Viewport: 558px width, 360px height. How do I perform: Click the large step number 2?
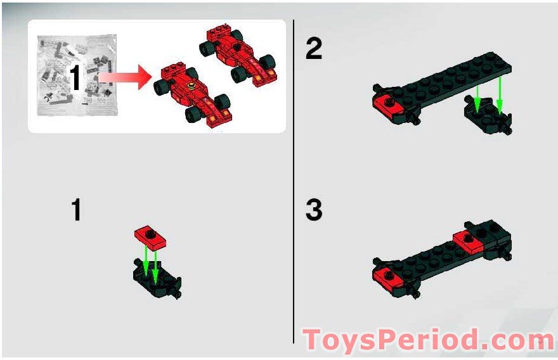(x=313, y=49)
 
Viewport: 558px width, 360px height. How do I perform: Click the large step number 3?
(x=313, y=210)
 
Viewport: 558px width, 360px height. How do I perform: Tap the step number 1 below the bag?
(x=76, y=210)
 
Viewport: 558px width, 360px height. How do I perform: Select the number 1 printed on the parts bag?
(x=75, y=77)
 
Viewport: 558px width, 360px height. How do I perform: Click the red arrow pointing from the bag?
(x=124, y=77)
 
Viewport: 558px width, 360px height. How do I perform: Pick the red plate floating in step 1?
(x=150, y=237)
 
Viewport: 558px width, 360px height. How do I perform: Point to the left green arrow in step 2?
(x=477, y=98)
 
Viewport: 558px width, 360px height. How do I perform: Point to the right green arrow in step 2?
(x=499, y=95)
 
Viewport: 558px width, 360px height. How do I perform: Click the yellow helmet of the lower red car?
(x=191, y=86)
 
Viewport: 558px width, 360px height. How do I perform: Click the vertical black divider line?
(x=294, y=181)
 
